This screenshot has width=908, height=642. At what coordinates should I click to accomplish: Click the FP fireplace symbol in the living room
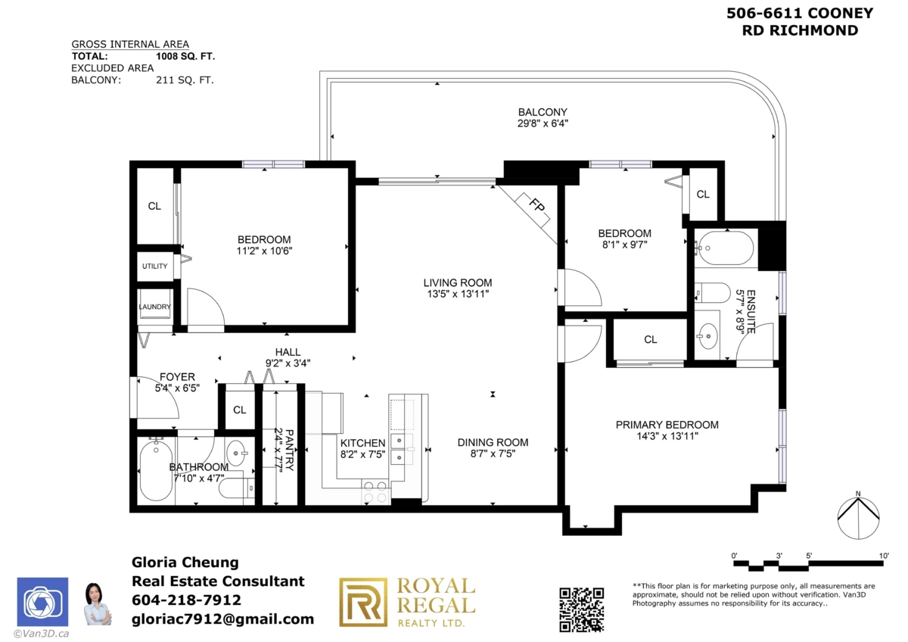click(x=532, y=210)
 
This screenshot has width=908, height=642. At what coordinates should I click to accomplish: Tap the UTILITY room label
click(x=154, y=266)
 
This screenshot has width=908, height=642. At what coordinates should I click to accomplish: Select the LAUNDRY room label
click(x=154, y=307)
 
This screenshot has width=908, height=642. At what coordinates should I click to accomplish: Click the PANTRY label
click(x=289, y=450)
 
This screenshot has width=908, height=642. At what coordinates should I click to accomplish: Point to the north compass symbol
click(x=858, y=517)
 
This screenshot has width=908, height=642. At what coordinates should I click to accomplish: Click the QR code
click(x=582, y=609)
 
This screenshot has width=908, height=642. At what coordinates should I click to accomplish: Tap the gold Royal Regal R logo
click(x=362, y=602)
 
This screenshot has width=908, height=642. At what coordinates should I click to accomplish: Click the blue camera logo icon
click(x=42, y=602)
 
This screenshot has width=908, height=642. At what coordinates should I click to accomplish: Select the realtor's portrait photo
click(x=97, y=604)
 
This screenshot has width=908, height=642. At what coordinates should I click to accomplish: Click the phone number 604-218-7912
click(x=186, y=600)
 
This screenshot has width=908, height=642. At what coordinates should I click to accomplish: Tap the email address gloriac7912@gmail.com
click(x=223, y=619)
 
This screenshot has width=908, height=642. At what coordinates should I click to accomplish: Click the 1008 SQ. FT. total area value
click(x=185, y=56)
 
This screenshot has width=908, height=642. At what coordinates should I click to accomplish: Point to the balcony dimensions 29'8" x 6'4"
click(x=543, y=123)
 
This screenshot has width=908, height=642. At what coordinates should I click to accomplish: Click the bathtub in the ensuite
click(x=725, y=248)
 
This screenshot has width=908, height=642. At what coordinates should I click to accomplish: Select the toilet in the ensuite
click(x=713, y=292)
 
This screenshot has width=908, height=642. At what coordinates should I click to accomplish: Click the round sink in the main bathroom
click(x=236, y=453)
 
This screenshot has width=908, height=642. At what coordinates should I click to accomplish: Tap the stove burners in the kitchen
click(x=375, y=491)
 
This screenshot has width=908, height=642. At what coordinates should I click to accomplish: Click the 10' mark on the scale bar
click(x=884, y=556)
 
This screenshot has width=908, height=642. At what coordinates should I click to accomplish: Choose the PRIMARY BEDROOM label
click(x=667, y=425)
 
